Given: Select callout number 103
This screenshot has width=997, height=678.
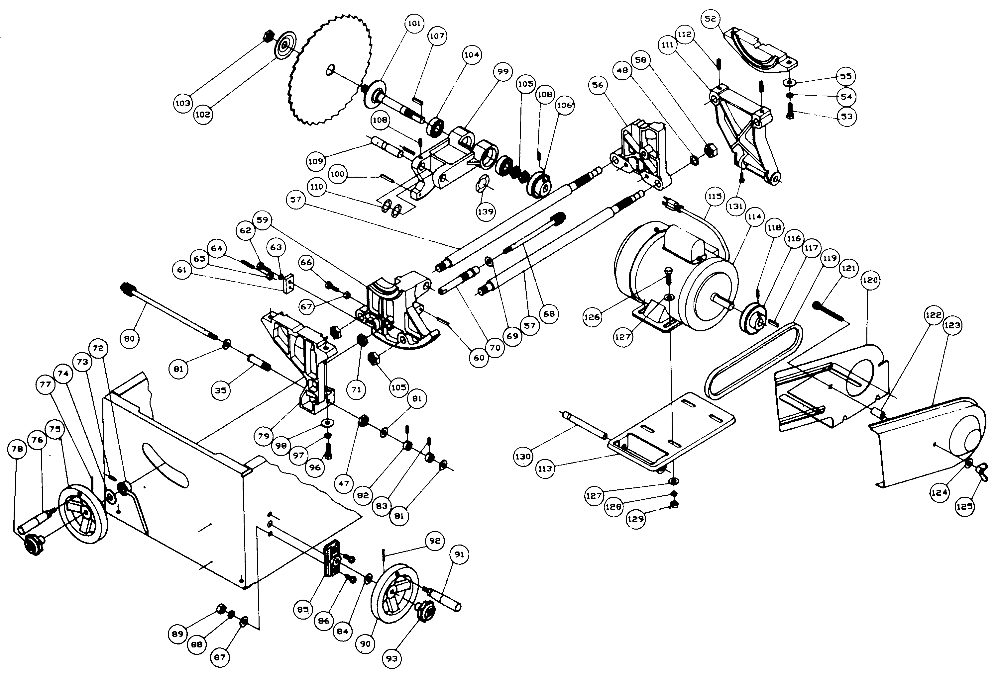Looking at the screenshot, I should [183, 103].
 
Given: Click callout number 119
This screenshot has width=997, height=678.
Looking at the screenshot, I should [830, 258].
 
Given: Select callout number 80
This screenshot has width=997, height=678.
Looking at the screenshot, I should [129, 339].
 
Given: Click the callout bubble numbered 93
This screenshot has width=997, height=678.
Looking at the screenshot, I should [392, 658].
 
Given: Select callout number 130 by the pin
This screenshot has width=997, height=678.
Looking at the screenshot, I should [523, 457].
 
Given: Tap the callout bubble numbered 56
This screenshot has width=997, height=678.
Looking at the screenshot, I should [598, 85].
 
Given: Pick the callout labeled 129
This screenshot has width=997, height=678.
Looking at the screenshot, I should [635, 519].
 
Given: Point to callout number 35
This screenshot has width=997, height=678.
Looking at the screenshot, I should [221, 390].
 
